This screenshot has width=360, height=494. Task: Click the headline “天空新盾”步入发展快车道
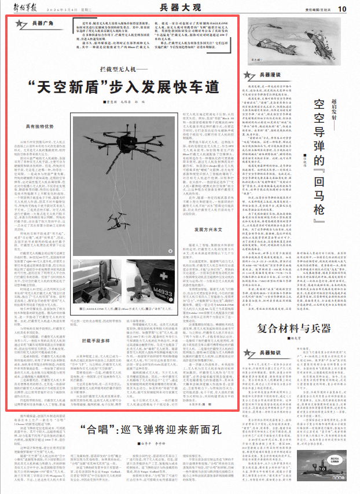click(x=127, y=87)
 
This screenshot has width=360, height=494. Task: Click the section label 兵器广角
click(x=41, y=23)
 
